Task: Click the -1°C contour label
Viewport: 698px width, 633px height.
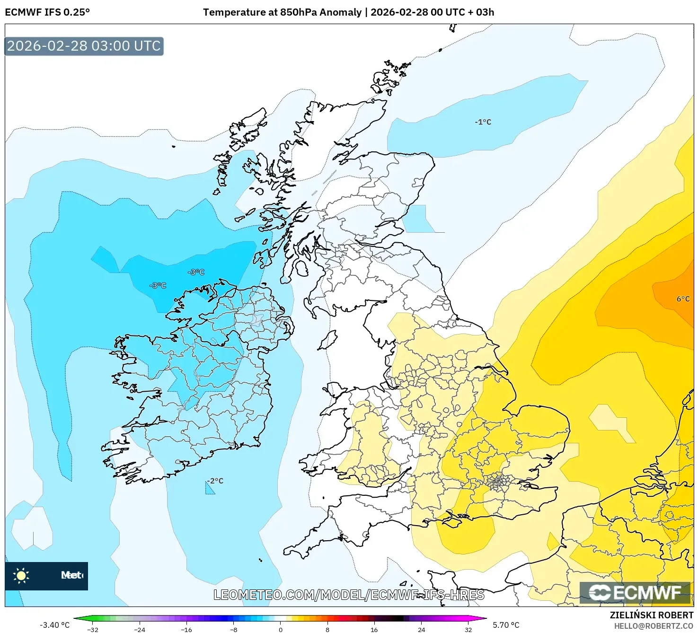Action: point(483,122)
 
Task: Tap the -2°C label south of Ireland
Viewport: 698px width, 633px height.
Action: point(215,481)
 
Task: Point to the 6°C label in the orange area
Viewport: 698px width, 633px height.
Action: point(682,299)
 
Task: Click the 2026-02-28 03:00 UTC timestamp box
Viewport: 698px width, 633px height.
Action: point(84,46)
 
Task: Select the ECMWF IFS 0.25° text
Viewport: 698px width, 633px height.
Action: point(47,12)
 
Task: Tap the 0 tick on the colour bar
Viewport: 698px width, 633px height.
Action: point(281,629)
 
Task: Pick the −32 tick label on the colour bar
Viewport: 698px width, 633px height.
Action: point(93,629)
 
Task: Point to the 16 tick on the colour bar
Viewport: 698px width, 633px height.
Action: point(374,629)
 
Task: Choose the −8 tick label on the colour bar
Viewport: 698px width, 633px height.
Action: point(233,629)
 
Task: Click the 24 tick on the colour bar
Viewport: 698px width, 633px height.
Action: point(421,629)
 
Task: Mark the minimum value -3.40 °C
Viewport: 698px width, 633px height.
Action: point(54,625)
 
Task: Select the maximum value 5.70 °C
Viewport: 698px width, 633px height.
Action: point(506,625)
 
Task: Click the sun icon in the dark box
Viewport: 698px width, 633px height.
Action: point(21,575)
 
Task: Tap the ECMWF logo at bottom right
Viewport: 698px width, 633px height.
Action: point(636,593)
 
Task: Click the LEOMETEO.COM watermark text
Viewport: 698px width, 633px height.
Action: point(349,595)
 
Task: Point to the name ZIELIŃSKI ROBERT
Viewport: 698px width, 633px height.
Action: point(651,615)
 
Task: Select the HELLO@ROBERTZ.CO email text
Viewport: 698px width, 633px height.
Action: point(654,626)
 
